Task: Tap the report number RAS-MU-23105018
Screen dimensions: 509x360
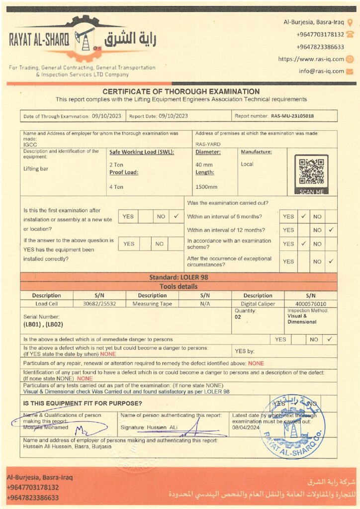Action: pos(292,116)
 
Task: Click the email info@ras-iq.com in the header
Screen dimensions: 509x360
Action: pos(321,71)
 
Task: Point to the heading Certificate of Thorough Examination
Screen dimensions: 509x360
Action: pos(181,91)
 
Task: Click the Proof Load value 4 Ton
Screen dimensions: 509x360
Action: pos(116,187)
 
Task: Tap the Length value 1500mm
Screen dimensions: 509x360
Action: pos(206,187)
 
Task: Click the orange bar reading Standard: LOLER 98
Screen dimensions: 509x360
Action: pos(179,277)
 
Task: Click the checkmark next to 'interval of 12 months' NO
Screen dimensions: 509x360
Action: pos(331,230)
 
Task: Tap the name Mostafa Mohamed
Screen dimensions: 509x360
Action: pos(46,427)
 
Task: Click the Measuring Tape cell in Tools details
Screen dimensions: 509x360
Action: pos(152,304)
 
